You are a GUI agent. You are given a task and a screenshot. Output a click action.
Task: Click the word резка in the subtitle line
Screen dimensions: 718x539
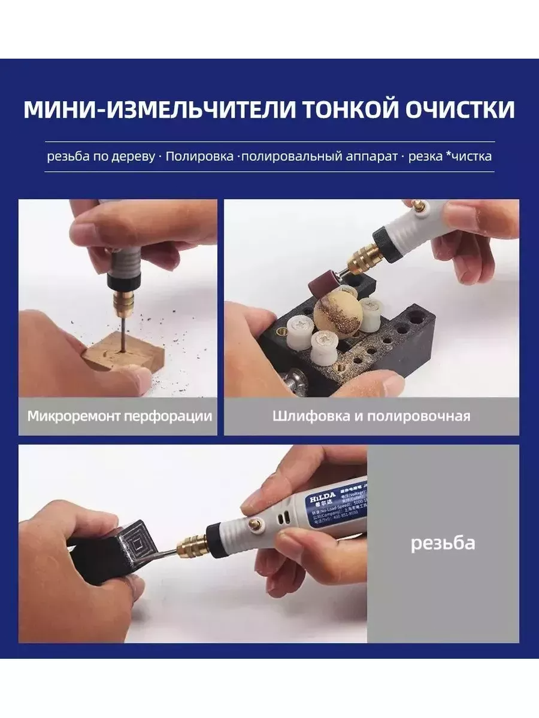(x=425, y=157)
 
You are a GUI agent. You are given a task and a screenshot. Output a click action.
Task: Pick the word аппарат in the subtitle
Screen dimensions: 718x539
(x=371, y=157)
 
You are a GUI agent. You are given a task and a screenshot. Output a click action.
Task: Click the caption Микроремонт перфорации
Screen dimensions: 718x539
(x=119, y=416)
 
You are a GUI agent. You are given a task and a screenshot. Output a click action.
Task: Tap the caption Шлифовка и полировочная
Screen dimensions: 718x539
(x=371, y=416)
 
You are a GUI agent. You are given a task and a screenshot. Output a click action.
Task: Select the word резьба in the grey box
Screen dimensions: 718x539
(x=443, y=543)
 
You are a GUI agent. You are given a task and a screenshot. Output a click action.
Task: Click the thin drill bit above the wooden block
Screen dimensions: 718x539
(x=122, y=332)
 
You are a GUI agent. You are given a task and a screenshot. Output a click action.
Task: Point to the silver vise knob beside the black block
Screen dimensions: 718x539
(x=295, y=383)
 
